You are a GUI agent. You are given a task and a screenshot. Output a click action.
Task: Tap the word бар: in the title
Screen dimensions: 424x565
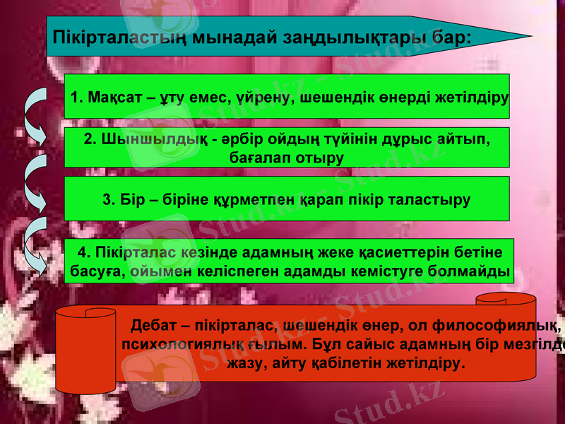[x=451, y=36]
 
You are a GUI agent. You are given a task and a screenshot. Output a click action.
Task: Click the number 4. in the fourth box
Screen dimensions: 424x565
[x=84, y=253]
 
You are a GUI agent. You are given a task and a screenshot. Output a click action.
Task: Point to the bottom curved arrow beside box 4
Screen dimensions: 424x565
[x=35, y=251]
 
